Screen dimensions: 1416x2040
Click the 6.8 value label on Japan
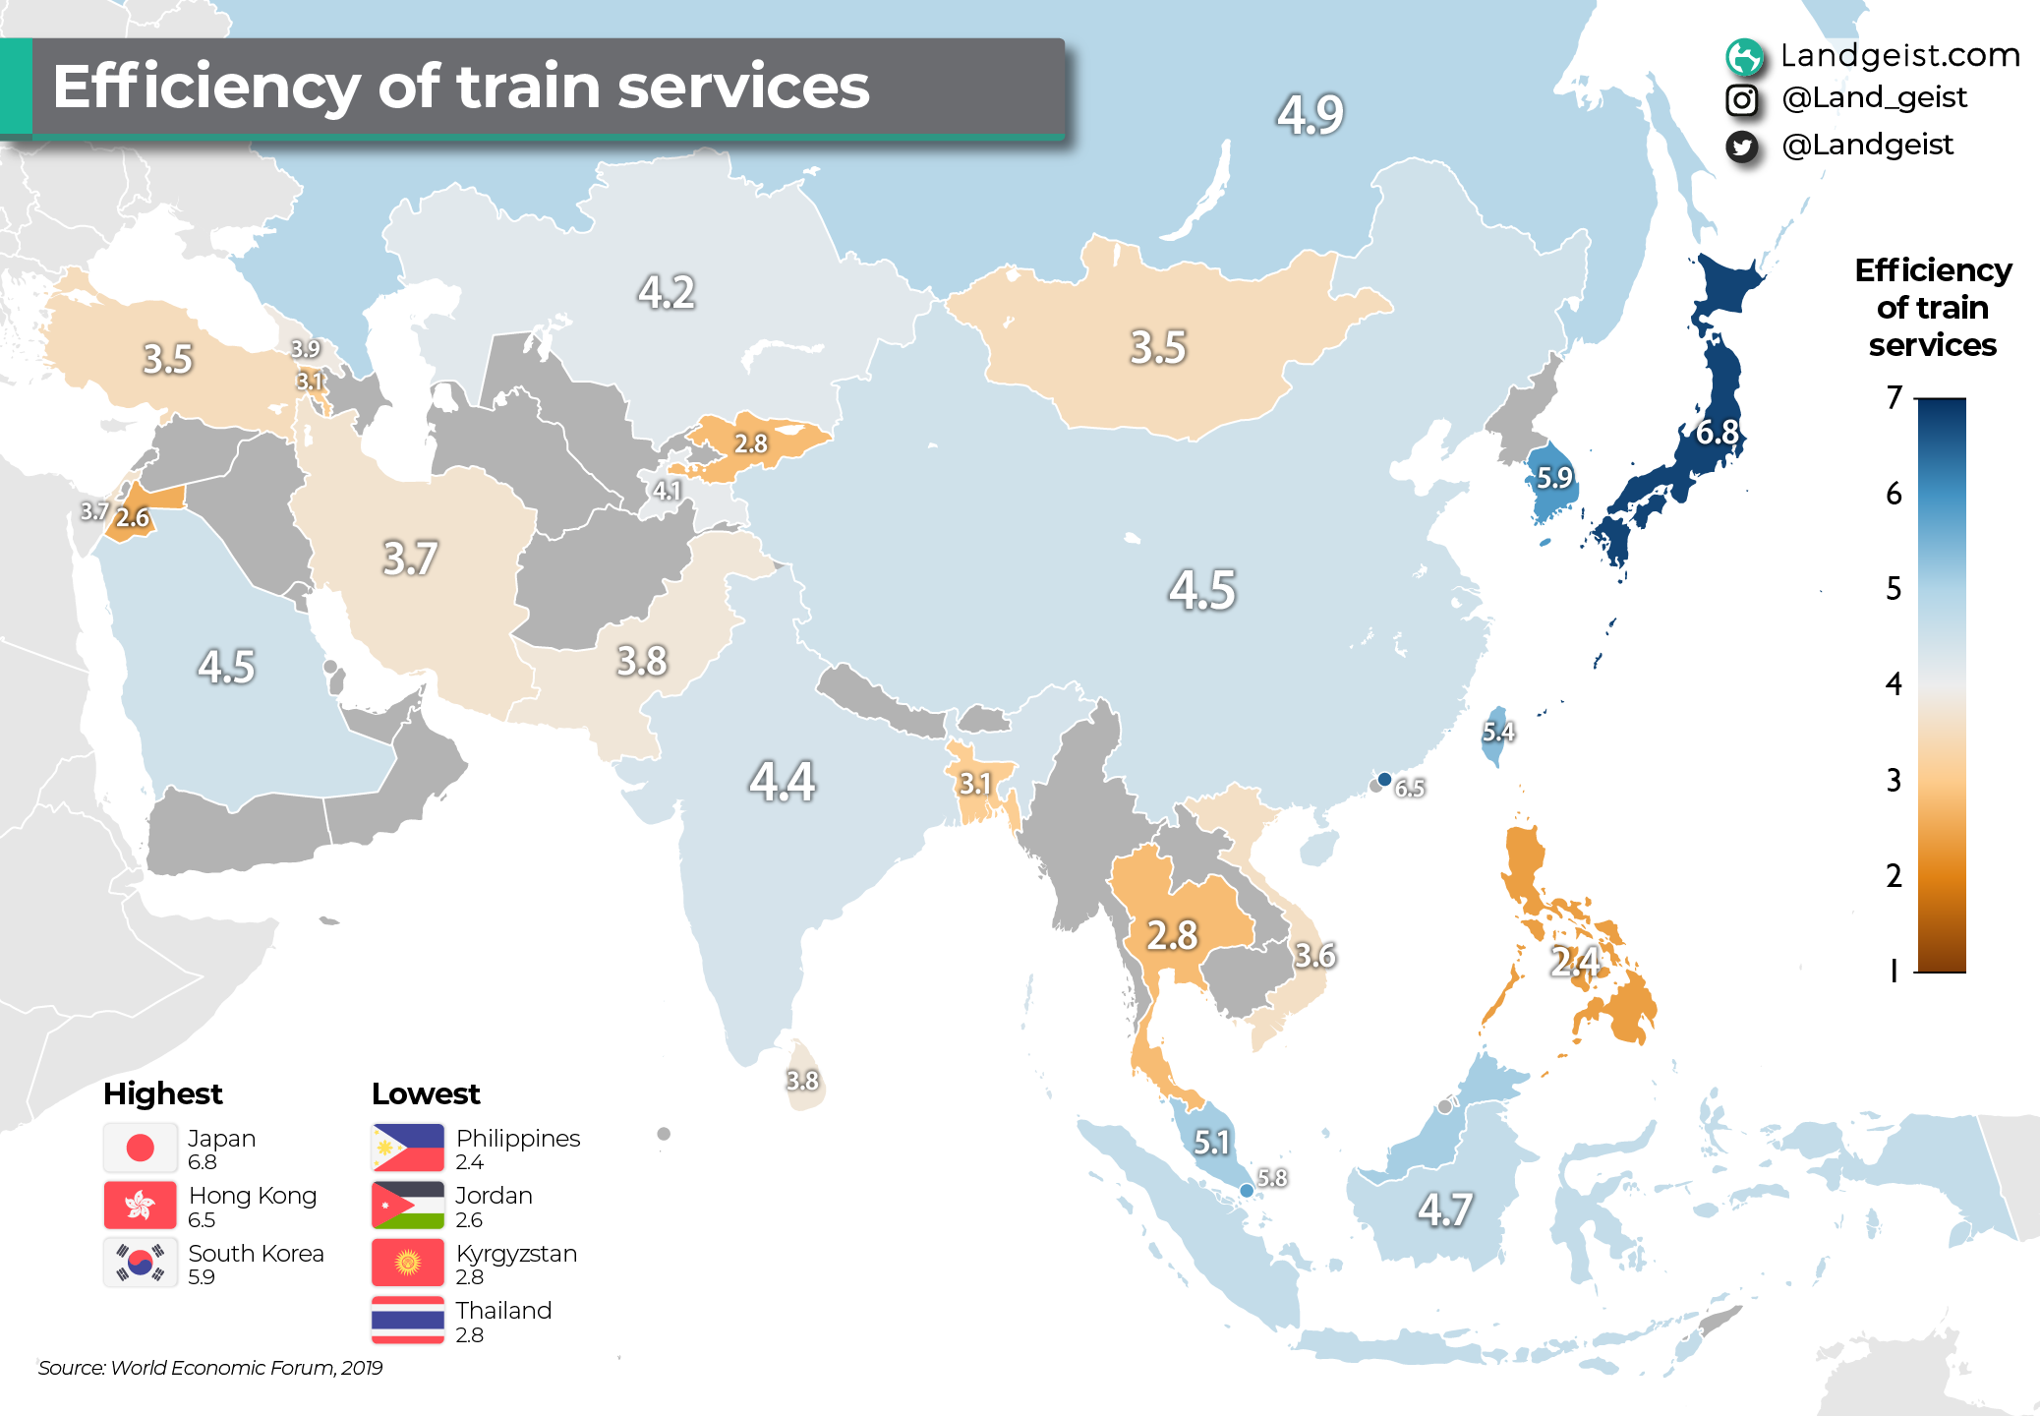click(1718, 433)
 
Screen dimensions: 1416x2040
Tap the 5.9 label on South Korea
click(1554, 478)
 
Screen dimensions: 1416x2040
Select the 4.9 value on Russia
click(1311, 114)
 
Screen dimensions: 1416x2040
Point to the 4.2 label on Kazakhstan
click(667, 292)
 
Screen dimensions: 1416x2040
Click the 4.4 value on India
click(783, 782)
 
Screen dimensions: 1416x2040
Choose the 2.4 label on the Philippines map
click(1575, 961)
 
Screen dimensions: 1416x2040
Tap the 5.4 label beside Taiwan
click(1498, 732)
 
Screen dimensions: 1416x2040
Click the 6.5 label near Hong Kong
click(1410, 788)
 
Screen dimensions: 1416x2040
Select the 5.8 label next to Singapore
click(1272, 1177)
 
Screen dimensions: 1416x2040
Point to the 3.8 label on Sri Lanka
click(802, 1081)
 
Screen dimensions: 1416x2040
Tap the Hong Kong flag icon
click(141, 1206)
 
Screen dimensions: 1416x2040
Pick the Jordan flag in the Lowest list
click(408, 1206)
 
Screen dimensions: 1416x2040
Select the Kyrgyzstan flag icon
click(408, 1263)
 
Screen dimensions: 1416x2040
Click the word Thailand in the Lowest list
click(503, 1311)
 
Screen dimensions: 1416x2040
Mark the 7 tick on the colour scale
click(1894, 398)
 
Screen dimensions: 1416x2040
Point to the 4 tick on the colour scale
click(1894, 684)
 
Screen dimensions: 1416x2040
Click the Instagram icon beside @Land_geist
click(1741, 99)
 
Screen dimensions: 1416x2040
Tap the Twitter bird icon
click(1741, 147)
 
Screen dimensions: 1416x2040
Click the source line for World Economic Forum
click(210, 1368)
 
